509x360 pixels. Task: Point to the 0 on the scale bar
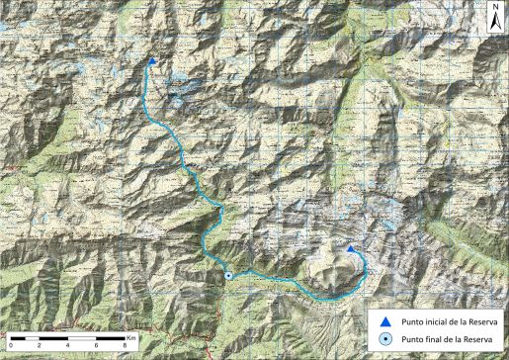9,343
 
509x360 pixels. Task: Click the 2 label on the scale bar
39,343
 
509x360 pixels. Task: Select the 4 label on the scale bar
68,343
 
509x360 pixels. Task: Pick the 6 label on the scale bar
97,343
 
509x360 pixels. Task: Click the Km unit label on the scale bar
131,336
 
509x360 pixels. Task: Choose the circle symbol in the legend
384,340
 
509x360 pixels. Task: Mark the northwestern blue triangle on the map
151,61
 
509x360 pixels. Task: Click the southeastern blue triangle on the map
349,249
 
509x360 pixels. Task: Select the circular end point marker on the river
228,276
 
